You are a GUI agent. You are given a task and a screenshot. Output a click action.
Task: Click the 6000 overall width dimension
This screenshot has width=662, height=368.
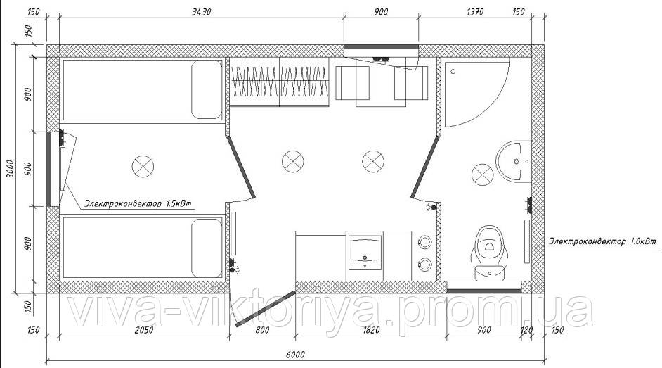(295, 355)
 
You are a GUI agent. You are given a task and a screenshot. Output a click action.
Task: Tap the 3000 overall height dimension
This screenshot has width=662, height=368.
(11, 169)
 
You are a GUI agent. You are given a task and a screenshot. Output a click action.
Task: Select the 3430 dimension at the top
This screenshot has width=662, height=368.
(202, 12)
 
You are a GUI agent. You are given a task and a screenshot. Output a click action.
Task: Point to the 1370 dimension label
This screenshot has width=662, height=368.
(475, 12)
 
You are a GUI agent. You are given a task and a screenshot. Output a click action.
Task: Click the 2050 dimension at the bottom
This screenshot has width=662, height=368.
(143, 330)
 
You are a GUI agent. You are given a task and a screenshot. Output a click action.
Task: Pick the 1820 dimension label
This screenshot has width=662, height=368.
(370, 330)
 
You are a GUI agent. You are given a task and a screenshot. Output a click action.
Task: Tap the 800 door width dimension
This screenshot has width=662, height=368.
(262, 330)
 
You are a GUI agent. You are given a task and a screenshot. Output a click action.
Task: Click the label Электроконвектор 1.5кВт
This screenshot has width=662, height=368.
(138, 203)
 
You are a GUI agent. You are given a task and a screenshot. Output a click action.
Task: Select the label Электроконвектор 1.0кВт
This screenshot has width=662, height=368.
(602, 241)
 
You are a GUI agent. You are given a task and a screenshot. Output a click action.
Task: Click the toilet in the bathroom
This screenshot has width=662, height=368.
(489, 253)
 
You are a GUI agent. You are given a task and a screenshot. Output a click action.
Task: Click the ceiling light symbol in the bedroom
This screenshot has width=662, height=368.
(143, 166)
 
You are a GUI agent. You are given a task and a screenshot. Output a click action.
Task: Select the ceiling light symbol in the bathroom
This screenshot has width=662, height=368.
(482, 175)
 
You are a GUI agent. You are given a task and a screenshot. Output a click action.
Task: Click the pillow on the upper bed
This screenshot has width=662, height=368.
(207, 89)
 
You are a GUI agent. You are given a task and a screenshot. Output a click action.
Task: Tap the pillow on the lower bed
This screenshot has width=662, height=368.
(207, 248)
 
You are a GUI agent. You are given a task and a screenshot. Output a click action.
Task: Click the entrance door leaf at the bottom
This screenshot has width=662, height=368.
(266, 308)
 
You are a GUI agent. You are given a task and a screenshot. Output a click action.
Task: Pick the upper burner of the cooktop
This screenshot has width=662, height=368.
(424, 242)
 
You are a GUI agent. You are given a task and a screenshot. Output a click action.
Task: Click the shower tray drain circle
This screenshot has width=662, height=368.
(453, 71)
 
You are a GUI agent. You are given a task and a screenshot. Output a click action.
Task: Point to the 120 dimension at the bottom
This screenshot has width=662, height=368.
(526, 330)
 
